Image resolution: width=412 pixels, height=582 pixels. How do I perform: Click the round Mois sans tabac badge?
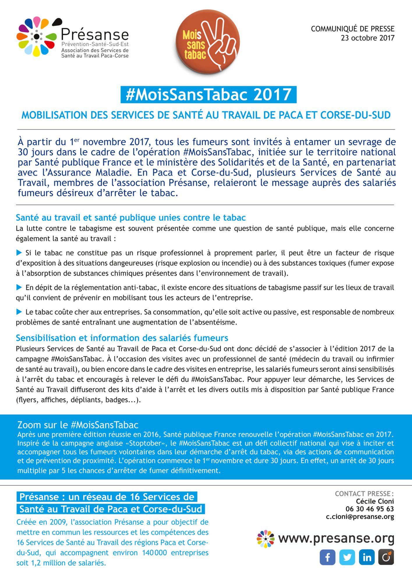click(208, 41)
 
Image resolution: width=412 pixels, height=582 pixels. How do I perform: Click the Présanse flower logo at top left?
click(37, 37)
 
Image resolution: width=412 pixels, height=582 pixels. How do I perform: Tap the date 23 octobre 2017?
click(367, 38)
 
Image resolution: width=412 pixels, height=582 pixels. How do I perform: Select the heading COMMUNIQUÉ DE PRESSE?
click(352, 29)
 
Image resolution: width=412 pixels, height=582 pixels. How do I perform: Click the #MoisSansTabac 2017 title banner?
click(208, 95)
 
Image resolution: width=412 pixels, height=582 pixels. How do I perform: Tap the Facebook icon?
click(328, 557)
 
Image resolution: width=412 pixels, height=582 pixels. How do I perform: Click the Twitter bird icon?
click(347, 557)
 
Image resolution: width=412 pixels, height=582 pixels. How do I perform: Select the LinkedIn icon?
click(367, 557)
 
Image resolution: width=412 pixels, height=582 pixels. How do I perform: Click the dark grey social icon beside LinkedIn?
click(386, 557)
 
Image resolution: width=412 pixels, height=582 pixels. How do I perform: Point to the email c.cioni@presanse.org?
click(360, 517)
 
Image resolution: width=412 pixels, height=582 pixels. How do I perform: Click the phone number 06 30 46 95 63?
click(369, 509)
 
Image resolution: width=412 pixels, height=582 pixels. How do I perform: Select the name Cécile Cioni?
click(375, 501)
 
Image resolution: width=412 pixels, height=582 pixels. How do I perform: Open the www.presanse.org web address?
click(336, 538)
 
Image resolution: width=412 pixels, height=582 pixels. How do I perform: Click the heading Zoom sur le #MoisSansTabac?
click(78, 425)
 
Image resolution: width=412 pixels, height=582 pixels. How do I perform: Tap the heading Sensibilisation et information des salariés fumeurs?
click(122, 338)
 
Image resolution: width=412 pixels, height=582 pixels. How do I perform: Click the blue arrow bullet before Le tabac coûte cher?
click(19, 312)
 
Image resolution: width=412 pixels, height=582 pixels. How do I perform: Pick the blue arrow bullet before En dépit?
click(19, 288)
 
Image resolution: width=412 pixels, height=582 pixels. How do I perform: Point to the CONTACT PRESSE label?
click(364, 494)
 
